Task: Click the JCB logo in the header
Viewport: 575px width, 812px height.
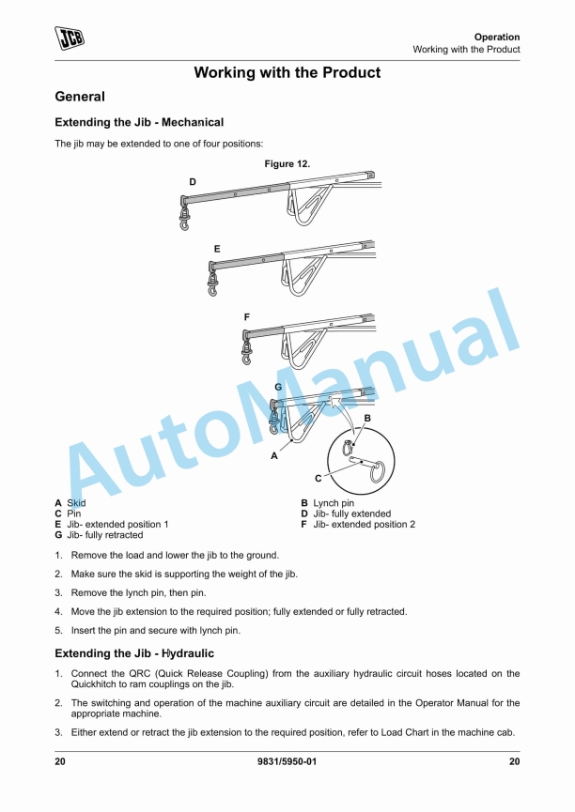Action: point(70,38)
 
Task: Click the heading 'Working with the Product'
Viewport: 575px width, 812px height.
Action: point(287,72)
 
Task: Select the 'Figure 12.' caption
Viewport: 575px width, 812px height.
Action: point(287,163)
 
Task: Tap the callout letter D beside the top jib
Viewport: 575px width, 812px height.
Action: point(193,181)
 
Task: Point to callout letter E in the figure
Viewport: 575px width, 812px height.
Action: point(217,249)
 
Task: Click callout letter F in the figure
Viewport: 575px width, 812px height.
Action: point(246,318)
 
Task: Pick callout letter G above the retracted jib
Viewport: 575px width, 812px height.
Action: point(278,387)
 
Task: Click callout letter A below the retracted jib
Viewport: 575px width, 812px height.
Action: point(274,455)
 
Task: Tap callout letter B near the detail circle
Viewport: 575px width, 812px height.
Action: point(367,417)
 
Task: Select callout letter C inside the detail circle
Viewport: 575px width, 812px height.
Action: point(345,477)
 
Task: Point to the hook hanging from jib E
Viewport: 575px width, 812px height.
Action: point(212,289)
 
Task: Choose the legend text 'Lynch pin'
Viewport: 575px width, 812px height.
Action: point(334,504)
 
